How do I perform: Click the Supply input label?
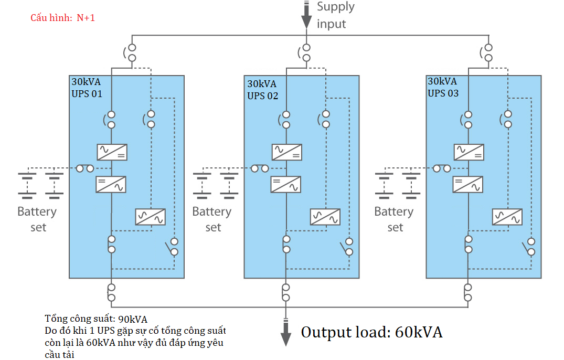336,15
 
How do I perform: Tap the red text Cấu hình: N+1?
62,18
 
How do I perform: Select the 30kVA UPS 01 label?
87,88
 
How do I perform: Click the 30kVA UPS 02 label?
263,90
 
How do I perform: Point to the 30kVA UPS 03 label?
443,87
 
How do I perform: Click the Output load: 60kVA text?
371,332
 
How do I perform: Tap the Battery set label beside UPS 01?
37,219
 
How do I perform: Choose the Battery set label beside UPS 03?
393,219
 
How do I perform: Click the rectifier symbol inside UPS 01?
112,152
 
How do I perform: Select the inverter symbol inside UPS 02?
286,184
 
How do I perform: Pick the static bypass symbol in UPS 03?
507,217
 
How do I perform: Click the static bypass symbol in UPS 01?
151,217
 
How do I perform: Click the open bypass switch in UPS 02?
347,247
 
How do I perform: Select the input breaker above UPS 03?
488,52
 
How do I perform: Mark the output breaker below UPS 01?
111,292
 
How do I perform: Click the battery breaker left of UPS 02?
260,168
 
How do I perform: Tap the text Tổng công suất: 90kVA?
96,319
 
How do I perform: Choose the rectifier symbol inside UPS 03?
469,152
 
